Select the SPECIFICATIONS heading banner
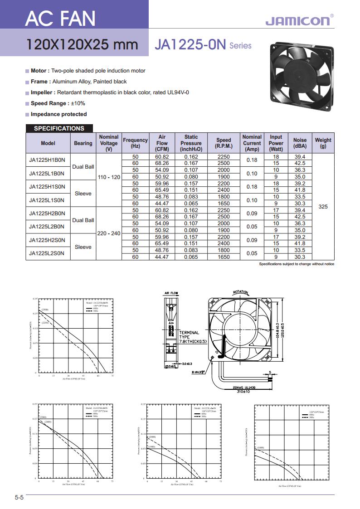(x=59, y=128)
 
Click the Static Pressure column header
(x=191, y=143)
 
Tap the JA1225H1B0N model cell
(x=47, y=160)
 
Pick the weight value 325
(x=323, y=207)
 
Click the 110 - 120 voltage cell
(x=109, y=177)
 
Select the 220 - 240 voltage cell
(x=109, y=233)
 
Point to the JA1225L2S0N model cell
(x=47, y=253)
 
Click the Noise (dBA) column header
(x=300, y=143)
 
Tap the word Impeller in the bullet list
(x=40, y=92)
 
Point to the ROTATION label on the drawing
(x=241, y=292)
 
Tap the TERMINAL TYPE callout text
(x=192, y=337)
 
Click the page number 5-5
(x=19, y=498)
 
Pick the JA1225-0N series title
(x=203, y=45)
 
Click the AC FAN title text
(x=60, y=19)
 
